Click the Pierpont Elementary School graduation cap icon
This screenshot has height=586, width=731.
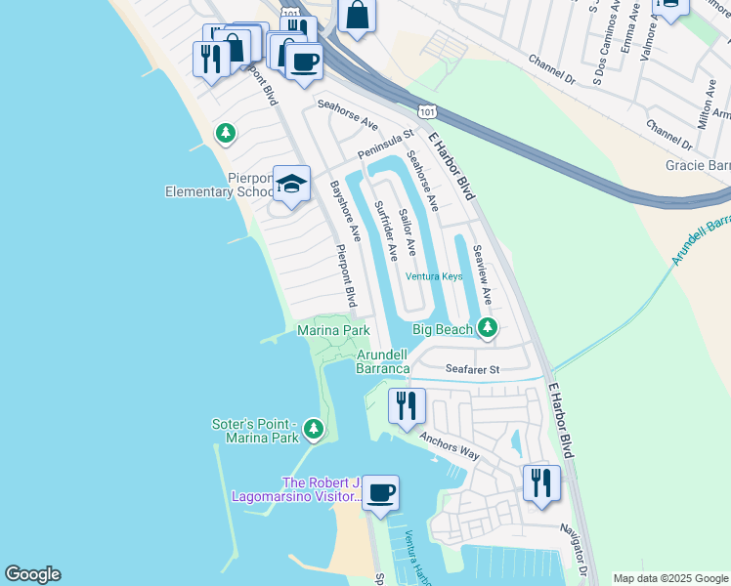[290, 183]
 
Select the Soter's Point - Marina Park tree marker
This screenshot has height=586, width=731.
[313, 428]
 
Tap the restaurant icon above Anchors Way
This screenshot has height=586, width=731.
[406, 404]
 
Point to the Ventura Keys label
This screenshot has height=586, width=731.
[433, 276]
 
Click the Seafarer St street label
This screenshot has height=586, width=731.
[472, 370]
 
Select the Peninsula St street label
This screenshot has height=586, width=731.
[386, 145]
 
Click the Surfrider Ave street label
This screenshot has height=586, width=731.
[386, 230]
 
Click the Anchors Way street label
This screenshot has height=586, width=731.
[450, 446]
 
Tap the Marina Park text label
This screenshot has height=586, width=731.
[333, 331]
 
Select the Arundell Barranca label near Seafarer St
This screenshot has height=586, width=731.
[382, 360]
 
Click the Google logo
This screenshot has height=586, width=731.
[32, 574]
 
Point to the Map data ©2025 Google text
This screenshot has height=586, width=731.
[669, 578]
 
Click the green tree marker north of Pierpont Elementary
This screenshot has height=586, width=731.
[226, 132]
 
